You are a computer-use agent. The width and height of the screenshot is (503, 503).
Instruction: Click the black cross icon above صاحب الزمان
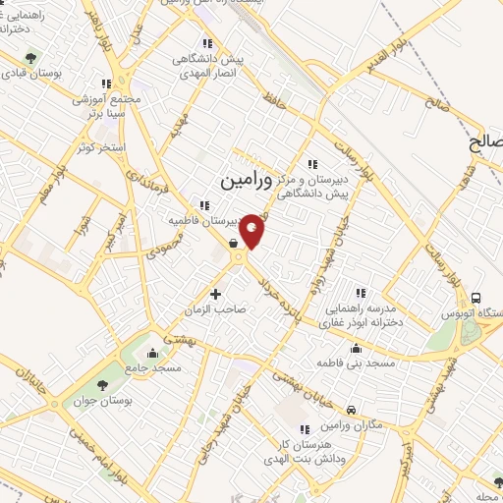(216, 293)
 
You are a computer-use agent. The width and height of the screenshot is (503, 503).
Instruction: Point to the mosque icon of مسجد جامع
(151, 351)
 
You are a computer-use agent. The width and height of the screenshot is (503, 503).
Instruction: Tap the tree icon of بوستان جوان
(104, 384)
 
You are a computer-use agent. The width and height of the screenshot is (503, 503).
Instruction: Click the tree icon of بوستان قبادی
(30, 60)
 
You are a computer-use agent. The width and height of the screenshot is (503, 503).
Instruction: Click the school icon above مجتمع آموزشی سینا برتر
(106, 84)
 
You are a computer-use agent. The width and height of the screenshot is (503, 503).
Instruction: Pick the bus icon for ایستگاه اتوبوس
(476, 298)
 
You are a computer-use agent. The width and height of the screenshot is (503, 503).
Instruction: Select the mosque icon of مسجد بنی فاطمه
(356, 348)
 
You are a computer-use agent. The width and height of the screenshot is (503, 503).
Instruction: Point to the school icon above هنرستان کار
(304, 428)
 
